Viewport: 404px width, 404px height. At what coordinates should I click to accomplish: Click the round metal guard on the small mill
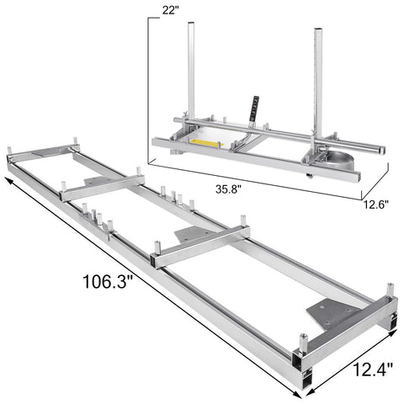point(338,162)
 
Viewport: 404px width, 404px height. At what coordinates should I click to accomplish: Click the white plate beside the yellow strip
point(221,130)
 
